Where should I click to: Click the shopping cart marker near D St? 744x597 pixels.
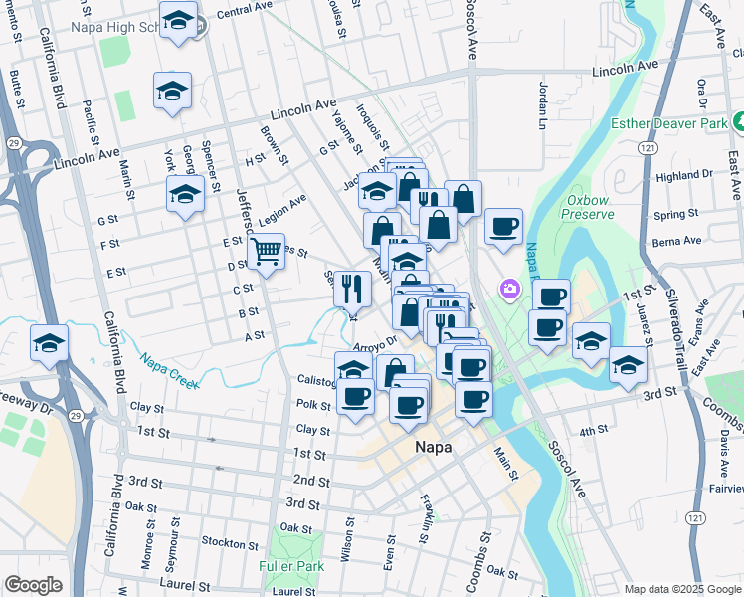266,251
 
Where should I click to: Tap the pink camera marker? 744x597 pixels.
510,290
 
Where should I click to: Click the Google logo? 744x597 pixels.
33,585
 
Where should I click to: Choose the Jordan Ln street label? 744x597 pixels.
544,104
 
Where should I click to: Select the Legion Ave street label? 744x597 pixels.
282,209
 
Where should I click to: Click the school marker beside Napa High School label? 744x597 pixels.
178,20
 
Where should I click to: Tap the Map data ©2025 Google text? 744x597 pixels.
682,589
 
